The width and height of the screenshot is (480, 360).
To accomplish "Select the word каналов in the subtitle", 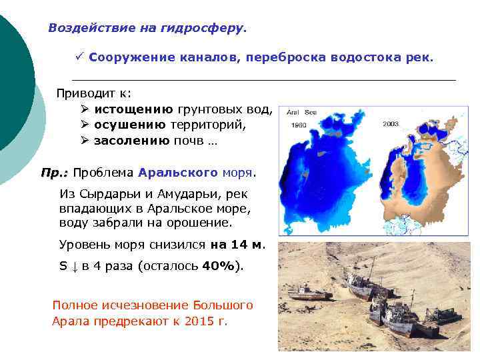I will point(209,58).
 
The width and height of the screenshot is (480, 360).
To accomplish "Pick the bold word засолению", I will point(131,141).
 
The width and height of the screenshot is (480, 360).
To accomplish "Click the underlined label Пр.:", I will point(54,173).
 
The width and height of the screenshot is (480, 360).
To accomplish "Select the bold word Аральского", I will point(178,173).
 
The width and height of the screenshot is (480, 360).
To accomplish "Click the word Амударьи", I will point(189,195).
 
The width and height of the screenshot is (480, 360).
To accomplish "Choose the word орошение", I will point(200,223).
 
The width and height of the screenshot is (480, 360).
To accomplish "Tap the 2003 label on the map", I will point(391,124).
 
